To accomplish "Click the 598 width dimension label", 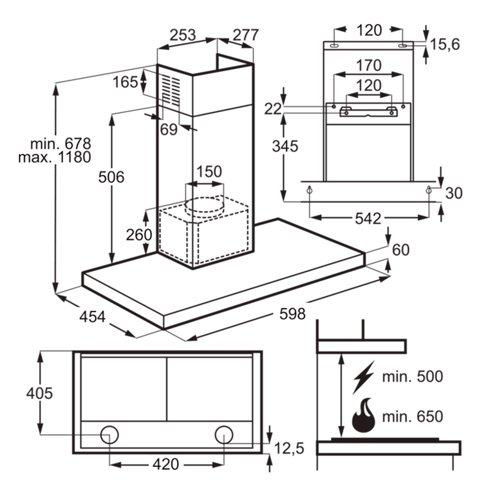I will pyautogui.click(x=292, y=314).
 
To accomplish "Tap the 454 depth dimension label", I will pyautogui.click(x=92, y=316).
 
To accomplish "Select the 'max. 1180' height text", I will pyautogui.click(x=55, y=157).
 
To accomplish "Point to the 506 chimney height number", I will pyautogui.click(x=111, y=177).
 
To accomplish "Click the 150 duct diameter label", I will pyautogui.click(x=210, y=172).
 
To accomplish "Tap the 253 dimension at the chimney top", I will pyautogui.click(x=183, y=35).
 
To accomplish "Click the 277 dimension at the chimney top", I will pyautogui.click(x=246, y=35).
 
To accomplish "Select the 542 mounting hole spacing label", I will pyautogui.click(x=368, y=219).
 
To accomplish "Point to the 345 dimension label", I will pyautogui.click(x=285, y=146).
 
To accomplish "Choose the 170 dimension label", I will pyautogui.click(x=369, y=65).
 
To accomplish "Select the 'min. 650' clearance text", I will pyautogui.click(x=412, y=417).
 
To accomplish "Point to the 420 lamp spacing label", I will pyautogui.click(x=166, y=464).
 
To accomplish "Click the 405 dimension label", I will pyautogui.click(x=40, y=393).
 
